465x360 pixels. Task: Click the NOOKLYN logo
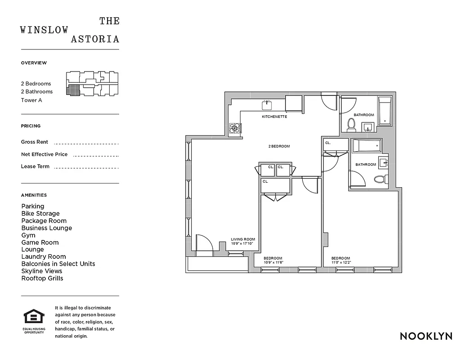point(425,336)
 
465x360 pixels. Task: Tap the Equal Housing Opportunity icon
point(34,317)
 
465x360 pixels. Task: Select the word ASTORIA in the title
point(95,39)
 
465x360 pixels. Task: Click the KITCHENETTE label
point(274,117)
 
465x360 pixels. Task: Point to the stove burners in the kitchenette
point(235,129)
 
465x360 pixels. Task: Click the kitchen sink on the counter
point(267,105)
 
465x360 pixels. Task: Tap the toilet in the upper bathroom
point(352,124)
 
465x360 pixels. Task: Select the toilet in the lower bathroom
point(380,180)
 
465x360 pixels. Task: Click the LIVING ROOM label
point(243,239)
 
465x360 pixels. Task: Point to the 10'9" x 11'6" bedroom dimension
point(273,262)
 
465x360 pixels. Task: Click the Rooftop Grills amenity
point(42,278)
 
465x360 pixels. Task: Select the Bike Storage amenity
point(40,213)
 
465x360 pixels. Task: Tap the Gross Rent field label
point(35,142)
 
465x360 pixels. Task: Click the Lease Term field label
point(35,166)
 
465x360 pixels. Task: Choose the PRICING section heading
point(31,126)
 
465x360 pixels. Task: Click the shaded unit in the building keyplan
point(73,90)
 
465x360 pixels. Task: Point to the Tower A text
point(31,100)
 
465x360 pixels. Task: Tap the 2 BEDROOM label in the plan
point(279,146)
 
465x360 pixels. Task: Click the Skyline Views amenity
point(42,271)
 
